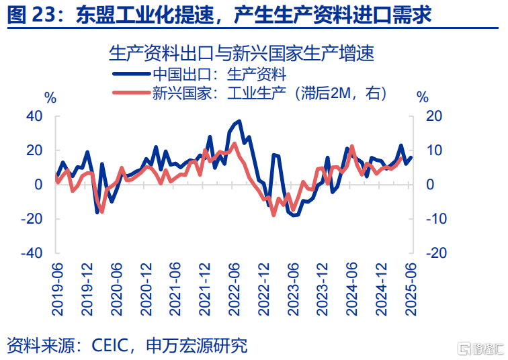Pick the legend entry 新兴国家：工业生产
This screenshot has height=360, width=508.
(201, 94)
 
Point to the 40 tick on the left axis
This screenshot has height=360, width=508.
(34, 116)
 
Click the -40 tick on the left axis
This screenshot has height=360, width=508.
(30, 253)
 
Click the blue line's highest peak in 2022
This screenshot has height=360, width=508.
(240, 122)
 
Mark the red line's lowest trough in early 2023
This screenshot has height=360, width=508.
(273, 215)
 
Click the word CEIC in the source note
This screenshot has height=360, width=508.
(108, 345)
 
